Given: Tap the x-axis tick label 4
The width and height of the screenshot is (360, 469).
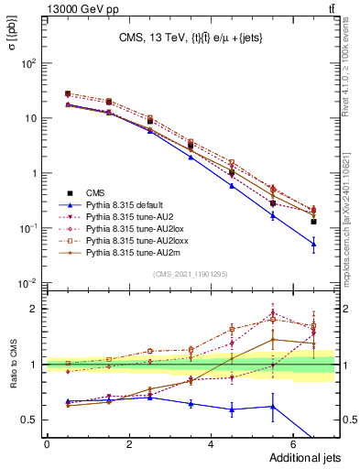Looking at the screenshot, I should point(211,443).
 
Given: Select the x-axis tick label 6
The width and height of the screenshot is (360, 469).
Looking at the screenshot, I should point(292,443).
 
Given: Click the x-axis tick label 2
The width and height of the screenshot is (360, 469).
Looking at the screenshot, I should point(128,443).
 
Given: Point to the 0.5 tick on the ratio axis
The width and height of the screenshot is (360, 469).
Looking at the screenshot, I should point(29,420).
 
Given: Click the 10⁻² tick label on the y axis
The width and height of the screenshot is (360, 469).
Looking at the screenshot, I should point(27,283).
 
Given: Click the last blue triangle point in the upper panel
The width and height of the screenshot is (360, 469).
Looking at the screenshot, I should point(313,245).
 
